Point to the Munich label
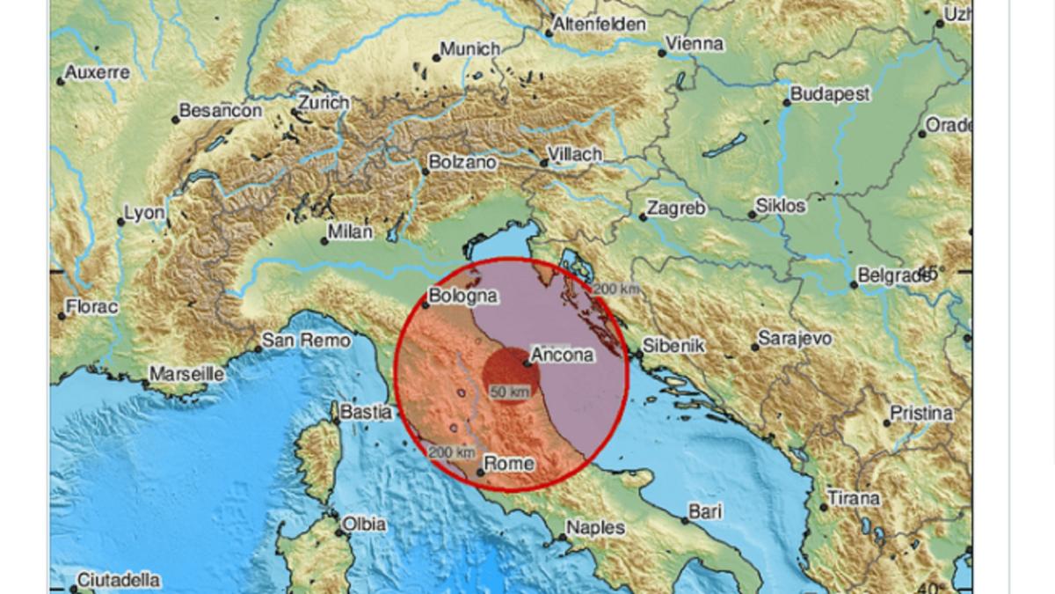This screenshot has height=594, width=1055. pyautogui.click(x=469, y=49)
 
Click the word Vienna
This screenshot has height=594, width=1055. pyautogui.click(x=695, y=43)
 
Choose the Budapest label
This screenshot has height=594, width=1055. pyautogui.click(x=829, y=93)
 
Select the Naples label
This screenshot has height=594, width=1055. pyautogui.click(x=595, y=528)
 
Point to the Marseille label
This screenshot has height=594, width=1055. pyautogui.click(x=186, y=374)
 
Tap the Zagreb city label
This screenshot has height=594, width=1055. pyautogui.click(x=676, y=209)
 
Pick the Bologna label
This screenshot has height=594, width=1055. pyautogui.click(x=462, y=297)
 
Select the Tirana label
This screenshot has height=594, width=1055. pyautogui.click(x=852, y=499)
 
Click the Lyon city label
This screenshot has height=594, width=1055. pyautogui.click(x=144, y=213)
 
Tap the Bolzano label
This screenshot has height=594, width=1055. pyautogui.click(x=462, y=163)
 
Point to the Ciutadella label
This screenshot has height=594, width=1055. pyautogui.click(x=119, y=580)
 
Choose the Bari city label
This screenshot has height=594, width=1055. pyautogui.click(x=705, y=510)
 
